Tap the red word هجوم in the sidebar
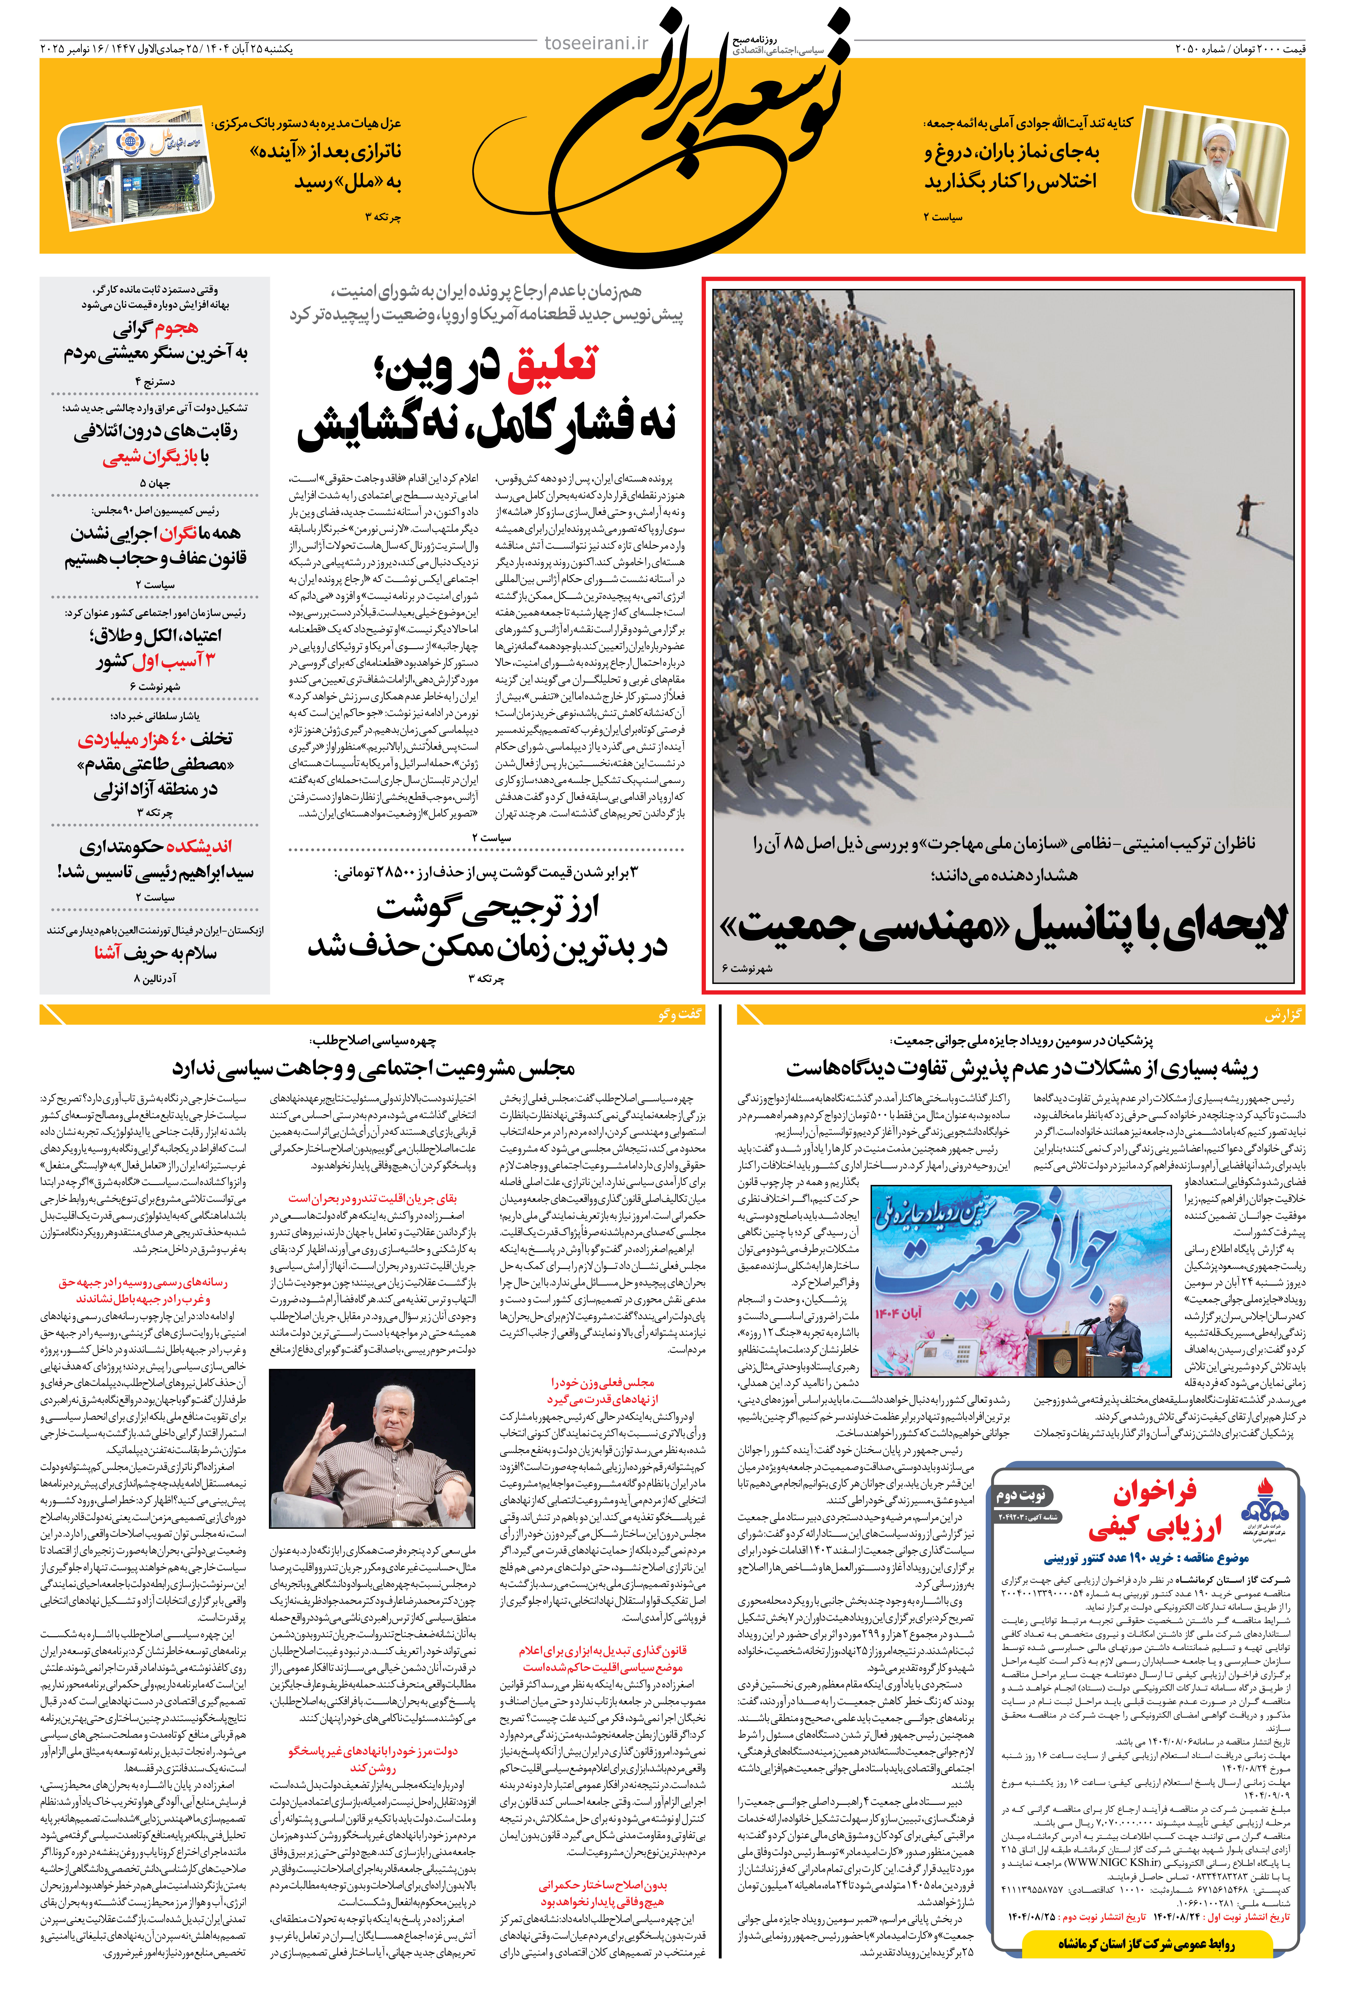coord(166,328)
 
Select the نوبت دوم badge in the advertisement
coord(1021,1495)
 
